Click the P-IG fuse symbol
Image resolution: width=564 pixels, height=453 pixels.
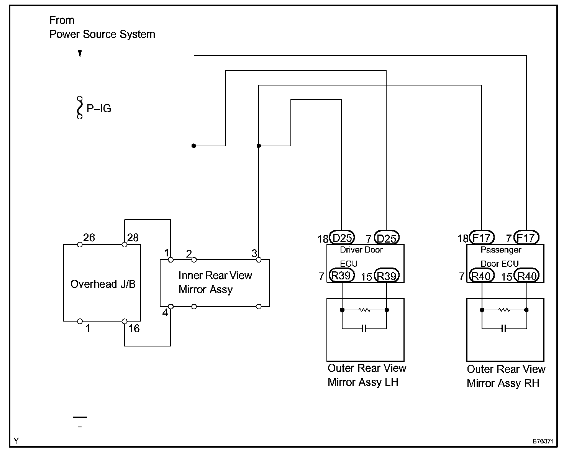click(x=80, y=108)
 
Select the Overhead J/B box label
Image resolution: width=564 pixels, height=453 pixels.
click(x=103, y=284)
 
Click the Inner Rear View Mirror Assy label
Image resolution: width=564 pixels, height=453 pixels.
click(x=215, y=282)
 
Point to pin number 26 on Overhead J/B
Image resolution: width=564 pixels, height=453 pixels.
click(x=89, y=238)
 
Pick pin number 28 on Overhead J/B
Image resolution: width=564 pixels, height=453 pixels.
click(x=133, y=238)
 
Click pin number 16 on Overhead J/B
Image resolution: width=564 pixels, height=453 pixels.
click(x=134, y=328)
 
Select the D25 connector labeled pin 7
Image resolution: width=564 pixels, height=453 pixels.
click(x=386, y=238)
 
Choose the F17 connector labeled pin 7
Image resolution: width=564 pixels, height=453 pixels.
click(x=526, y=238)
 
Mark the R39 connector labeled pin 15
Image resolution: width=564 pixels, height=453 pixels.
click(x=386, y=276)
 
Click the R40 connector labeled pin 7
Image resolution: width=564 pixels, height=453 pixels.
click(x=482, y=276)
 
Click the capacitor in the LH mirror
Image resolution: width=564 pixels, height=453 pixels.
click(x=364, y=328)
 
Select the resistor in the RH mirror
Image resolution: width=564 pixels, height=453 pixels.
click(x=504, y=310)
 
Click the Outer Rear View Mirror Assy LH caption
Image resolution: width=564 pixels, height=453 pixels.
click(x=366, y=375)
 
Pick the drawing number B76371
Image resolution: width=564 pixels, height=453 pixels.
click(x=543, y=442)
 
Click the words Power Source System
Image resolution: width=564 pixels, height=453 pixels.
click(x=102, y=34)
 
